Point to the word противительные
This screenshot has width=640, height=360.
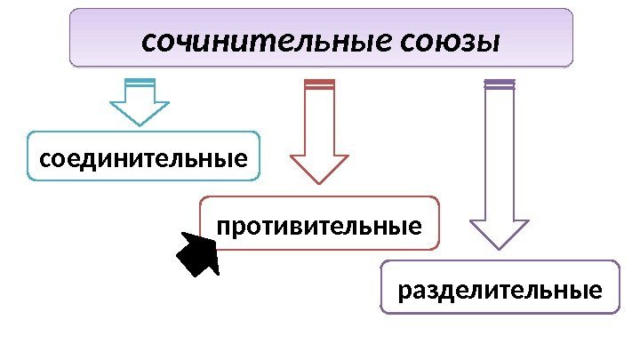[x=319, y=228]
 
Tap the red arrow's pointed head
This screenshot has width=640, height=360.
[x=319, y=168]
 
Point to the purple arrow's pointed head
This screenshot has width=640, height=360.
[x=499, y=232]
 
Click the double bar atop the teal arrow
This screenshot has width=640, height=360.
[x=140, y=84]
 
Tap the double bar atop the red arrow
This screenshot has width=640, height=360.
[x=319, y=84]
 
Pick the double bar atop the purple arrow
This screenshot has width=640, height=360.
[x=499, y=84]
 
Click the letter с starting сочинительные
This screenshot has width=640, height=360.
[x=148, y=43]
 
